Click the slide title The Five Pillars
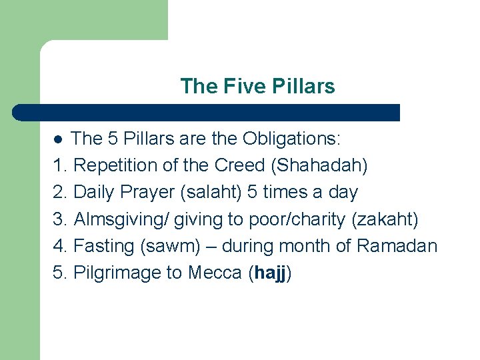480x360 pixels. point(257,86)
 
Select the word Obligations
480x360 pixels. point(291,139)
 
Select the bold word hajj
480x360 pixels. point(270,273)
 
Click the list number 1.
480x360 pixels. point(59,165)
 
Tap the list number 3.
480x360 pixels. point(59,219)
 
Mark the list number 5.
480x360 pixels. point(59,273)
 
